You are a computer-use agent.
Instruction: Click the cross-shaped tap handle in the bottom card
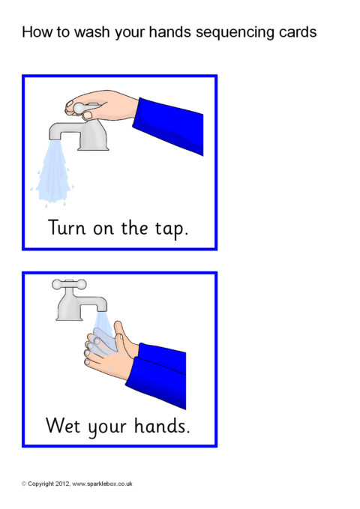click(x=68, y=285)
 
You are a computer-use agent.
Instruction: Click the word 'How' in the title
click(x=34, y=32)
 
